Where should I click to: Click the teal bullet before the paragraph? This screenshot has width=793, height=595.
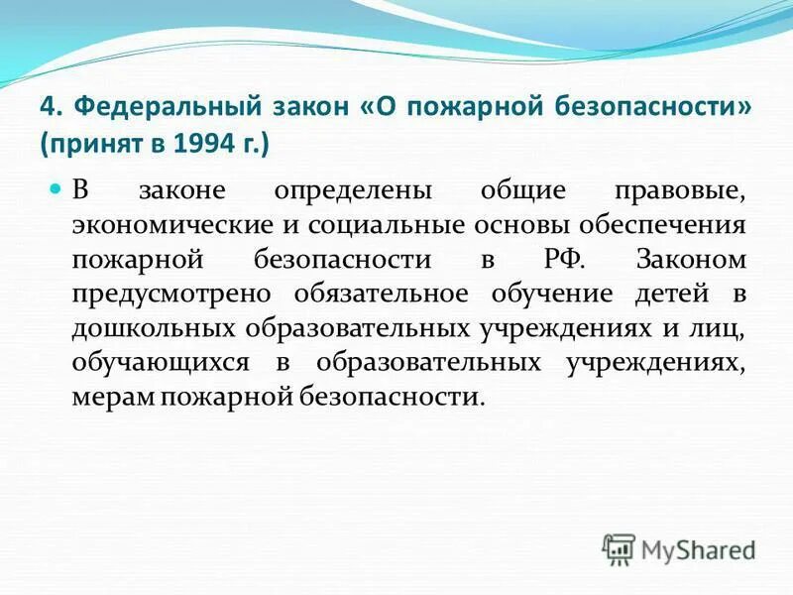[x=56, y=187]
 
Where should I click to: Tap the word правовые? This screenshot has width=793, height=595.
[x=686, y=189]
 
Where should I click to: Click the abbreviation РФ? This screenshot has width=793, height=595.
[x=566, y=259]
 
